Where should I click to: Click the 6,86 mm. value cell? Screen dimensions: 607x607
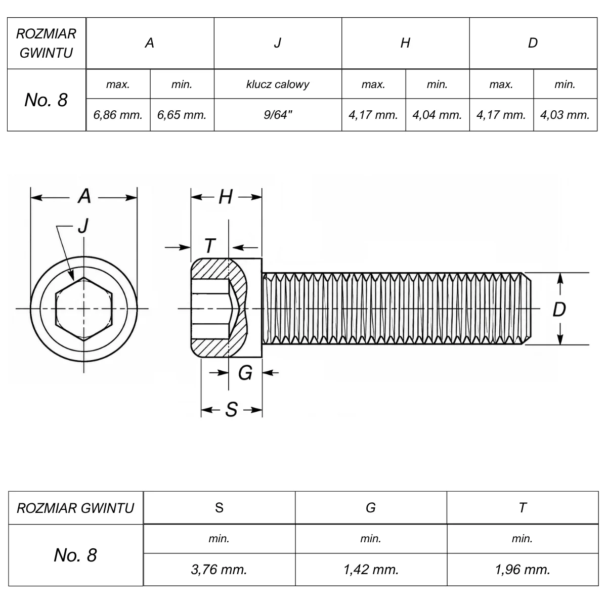[x=118, y=115]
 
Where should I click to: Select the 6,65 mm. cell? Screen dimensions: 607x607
[x=182, y=115]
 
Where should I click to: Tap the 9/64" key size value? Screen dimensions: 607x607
[x=278, y=115]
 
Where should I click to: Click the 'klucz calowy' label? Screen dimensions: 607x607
[x=278, y=84]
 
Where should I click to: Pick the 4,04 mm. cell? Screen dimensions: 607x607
[x=437, y=115]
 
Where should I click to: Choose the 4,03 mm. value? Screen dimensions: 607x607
[x=565, y=115]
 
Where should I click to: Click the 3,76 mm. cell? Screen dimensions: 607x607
[x=219, y=570]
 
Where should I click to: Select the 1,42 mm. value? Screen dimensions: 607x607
[x=371, y=570]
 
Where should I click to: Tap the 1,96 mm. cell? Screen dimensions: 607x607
[x=522, y=570]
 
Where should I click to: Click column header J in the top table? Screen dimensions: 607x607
[x=278, y=43]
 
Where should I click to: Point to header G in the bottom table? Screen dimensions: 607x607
[x=371, y=508]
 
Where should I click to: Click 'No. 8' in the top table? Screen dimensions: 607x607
[x=46, y=100]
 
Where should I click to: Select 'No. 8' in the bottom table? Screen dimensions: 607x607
[x=75, y=555]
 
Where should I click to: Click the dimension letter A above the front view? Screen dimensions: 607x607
[x=84, y=196]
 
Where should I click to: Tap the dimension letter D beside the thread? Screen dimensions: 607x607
[x=559, y=310]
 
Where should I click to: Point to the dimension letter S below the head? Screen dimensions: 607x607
[x=232, y=410]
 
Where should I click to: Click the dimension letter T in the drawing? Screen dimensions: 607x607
[x=210, y=245]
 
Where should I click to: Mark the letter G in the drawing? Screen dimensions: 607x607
[x=245, y=373]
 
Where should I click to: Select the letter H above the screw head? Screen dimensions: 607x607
[x=226, y=197]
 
